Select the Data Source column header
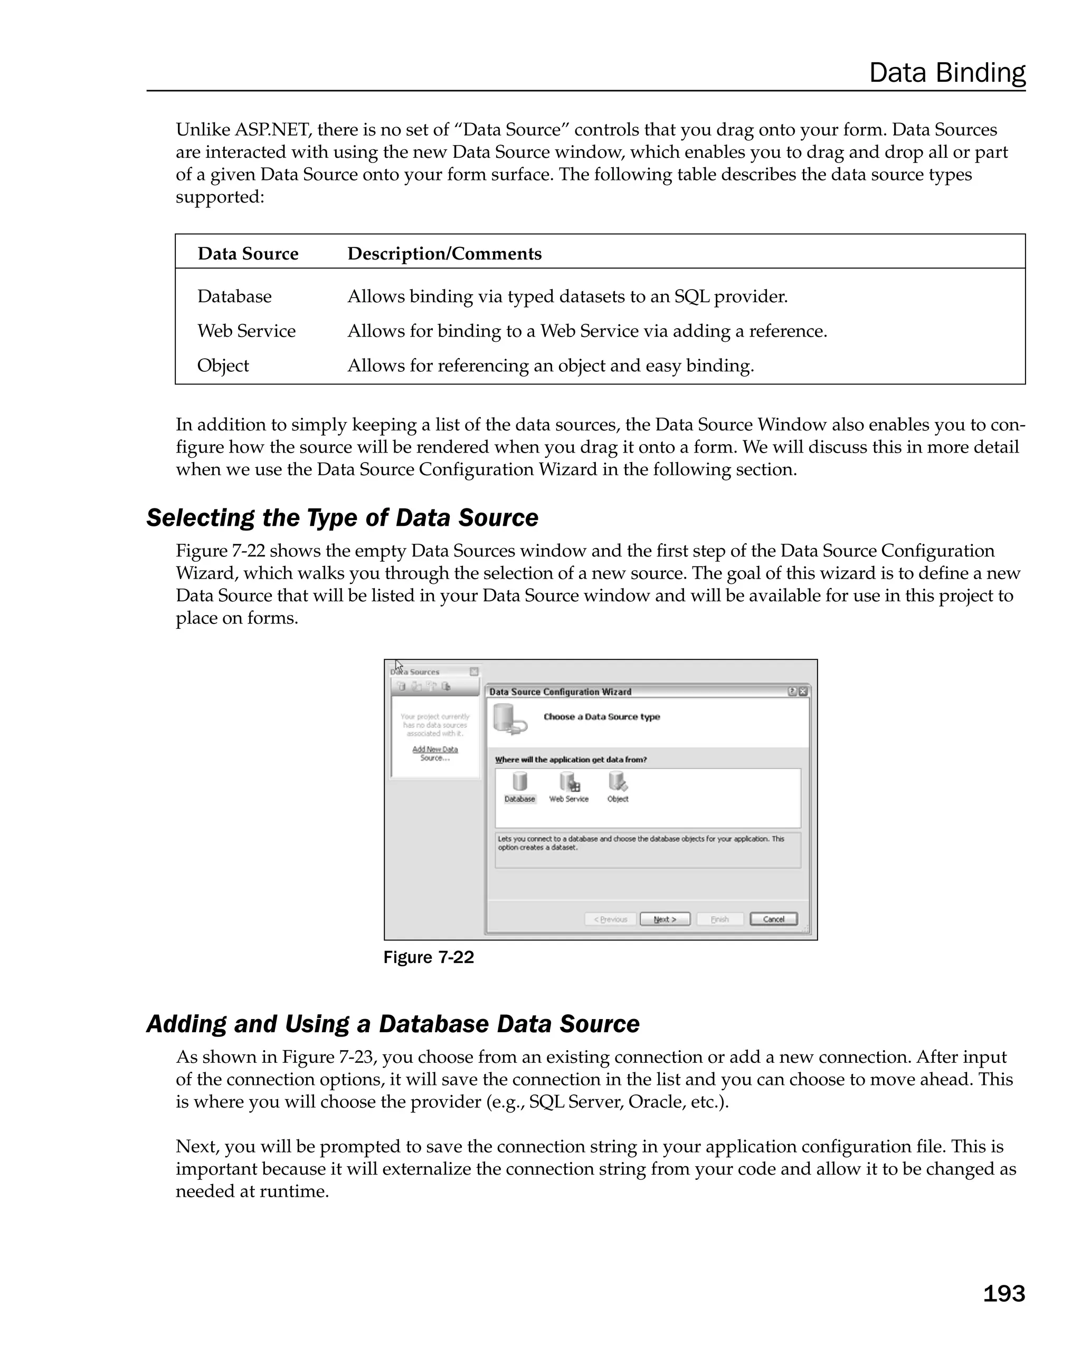pos(248,253)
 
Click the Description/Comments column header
pos(444,253)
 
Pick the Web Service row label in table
pos(246,331)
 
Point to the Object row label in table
pos(223,365)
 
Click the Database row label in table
pos(234,296)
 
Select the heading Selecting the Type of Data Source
pos(342,518)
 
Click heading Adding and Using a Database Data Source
pos(392,1024)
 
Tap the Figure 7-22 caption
pos(428,957)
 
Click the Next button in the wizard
pos(665,919)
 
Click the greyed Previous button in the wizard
pos(610,919)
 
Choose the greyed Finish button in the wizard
pos(719,919)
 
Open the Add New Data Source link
pos(434,753)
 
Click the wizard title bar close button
pos(803,691)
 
